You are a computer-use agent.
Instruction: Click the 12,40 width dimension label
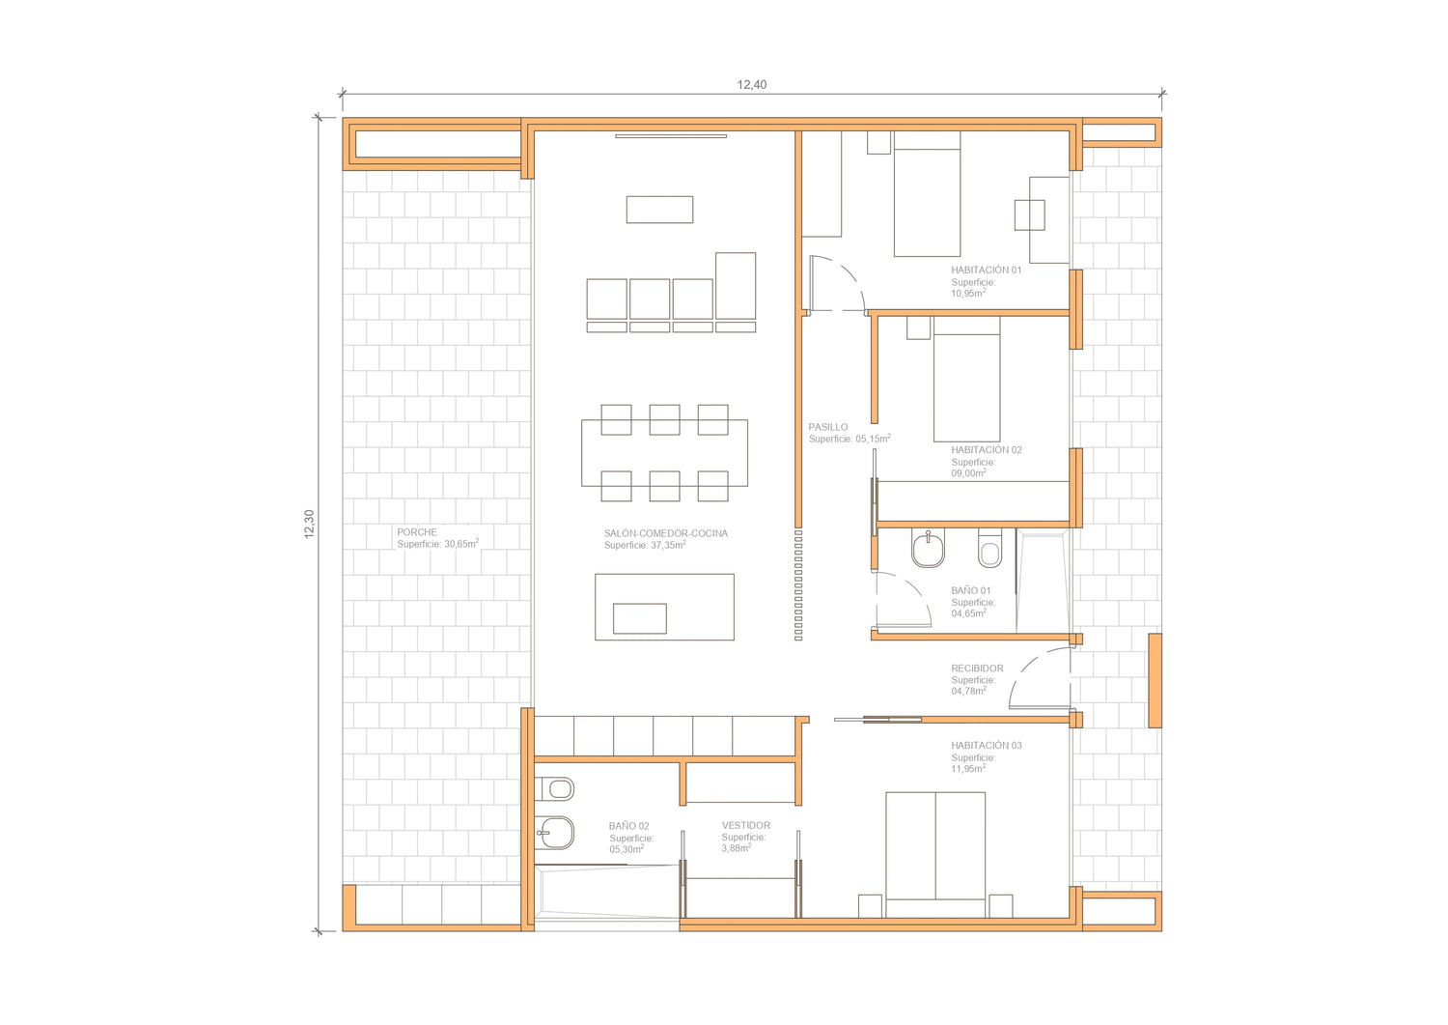(x=752, y=85)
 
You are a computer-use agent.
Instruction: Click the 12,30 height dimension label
(x=309, y=525)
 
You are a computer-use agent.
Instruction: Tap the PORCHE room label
(x=417, y=532)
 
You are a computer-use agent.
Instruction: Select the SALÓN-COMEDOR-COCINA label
(x=666, y=533)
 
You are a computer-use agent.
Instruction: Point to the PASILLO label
(x=828, y=427)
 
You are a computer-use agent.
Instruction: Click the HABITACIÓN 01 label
(x=987, y=270)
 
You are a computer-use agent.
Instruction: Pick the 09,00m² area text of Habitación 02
(x=968, y=473)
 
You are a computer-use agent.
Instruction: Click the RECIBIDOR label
(x=977, y=668)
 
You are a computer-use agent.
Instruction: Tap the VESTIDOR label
(x=746, y=825)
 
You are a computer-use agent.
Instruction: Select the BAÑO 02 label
(x=629, y=826)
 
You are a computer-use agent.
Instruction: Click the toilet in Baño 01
(x=989, y=548)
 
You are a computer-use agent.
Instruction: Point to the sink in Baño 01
(x=929, y=548)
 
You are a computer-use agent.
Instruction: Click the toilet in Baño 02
(x=555, y=789)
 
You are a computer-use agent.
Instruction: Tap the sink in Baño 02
(x=555, y=833)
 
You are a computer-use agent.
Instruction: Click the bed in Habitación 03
(x=935, y=855)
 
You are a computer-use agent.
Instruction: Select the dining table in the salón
(x=664, y=453)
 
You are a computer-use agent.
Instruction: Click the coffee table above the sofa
(x=659, y=210)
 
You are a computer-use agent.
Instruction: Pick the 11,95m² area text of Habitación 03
(x=968, y=769)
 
